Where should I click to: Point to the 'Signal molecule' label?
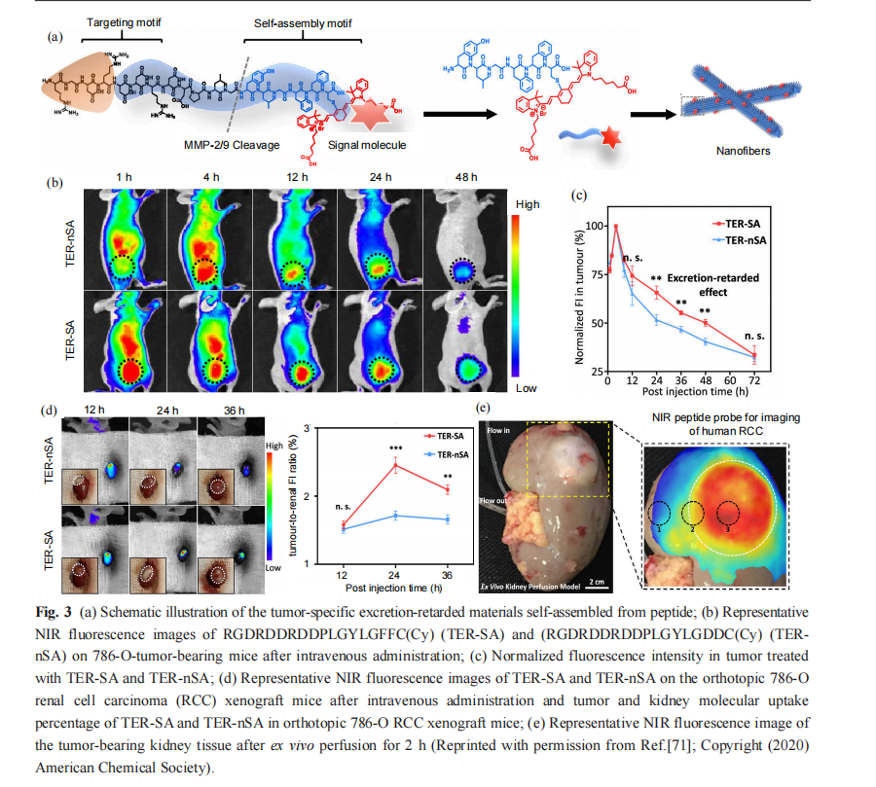pos(368,145)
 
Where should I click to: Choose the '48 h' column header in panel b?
pos(466,176)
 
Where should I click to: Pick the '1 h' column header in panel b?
pos(123,176)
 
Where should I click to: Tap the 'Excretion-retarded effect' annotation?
pos(712,283)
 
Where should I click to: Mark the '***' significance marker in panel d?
pos(395,449)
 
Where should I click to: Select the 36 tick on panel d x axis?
pos(447,575)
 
